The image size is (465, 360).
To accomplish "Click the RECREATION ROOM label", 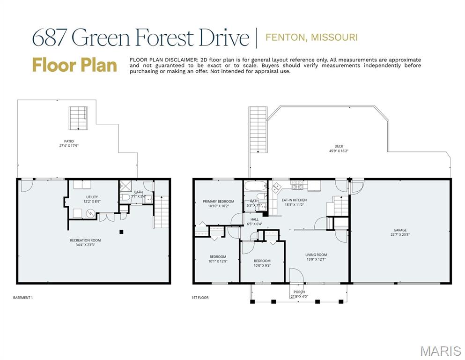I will [x=85, y=240].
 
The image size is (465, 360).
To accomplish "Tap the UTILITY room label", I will [x=92, y=197].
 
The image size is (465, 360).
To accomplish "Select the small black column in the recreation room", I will [x=121, y=231].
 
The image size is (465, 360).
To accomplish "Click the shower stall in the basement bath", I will [x=125, y=185].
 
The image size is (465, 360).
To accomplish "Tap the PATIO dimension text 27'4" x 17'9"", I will [x=69, y=145].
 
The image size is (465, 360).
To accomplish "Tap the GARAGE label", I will [x=399, y=230].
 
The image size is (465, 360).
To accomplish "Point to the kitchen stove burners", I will [x=297, y=187].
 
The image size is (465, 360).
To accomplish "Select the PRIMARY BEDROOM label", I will [x=218, y=202].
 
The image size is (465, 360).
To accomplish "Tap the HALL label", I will [x=254, y=219].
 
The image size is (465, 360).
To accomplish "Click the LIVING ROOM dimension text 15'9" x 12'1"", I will [x=316, y=259].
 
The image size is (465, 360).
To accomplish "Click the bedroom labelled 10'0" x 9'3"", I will [x=262, y=263].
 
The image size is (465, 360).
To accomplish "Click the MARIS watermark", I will [x=440, y=351].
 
